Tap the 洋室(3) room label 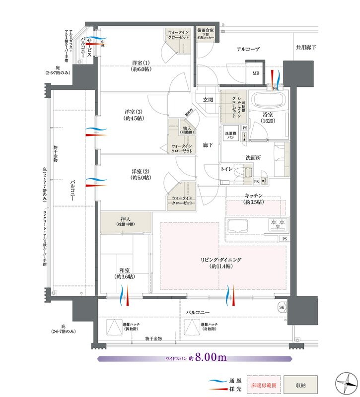134,115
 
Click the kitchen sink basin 238,227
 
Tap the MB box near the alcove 256,73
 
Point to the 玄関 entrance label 208,100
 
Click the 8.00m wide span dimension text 211,357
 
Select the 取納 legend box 300,384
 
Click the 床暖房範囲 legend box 262,384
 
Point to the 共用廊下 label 306,47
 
